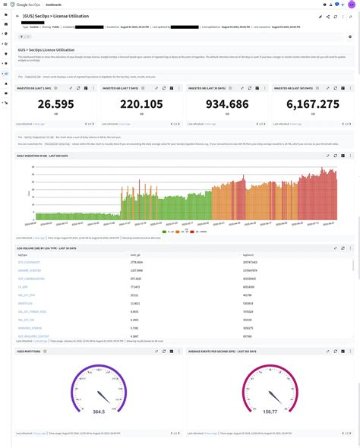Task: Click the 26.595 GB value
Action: (x=55, y=105)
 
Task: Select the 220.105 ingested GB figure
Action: (x=141, y=105)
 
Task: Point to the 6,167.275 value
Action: (x=313, y=105)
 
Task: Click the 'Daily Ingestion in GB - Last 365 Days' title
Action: (x=43, y=155)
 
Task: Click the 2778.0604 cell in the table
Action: (x=137, y=262)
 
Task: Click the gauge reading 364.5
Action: (x=98, y=411)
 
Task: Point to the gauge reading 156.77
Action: (x=270, y=411)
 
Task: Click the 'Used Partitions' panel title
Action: (x=29, y=352)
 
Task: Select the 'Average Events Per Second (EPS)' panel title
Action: (x=222, y=352)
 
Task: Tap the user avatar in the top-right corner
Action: (x=352, y=4)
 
